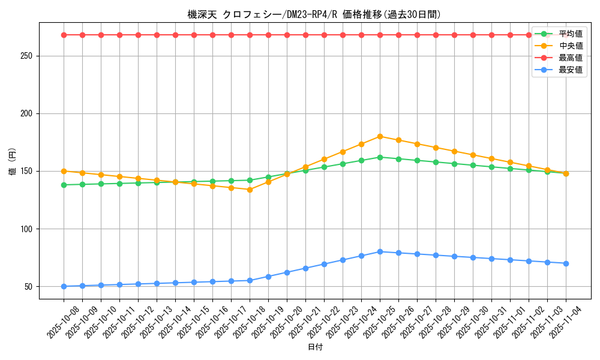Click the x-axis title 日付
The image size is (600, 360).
(314, 347)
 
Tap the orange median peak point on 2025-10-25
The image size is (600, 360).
(380, 136)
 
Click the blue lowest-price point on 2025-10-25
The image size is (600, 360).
(380, 251)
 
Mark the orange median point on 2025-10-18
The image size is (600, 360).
(250, 190)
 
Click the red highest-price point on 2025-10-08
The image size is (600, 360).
(64, 35)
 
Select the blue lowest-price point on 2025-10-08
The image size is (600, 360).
(64, 286)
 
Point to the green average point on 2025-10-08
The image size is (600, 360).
(64, 185)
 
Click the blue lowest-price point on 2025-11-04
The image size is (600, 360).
(566, 263)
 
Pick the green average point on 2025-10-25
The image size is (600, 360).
(380, 157)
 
